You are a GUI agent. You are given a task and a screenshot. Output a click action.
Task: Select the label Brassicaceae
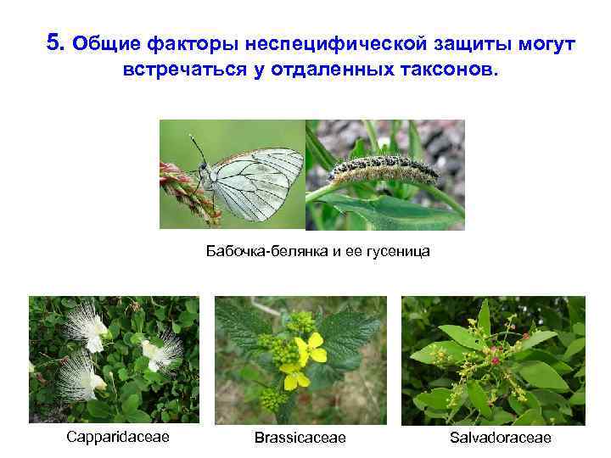pyautogui.click(x=300, y=438)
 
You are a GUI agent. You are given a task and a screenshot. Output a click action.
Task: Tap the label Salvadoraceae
pyautogui.click(x=501, y=438)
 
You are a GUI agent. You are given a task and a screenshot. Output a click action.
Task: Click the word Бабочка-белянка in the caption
pyautogui.click(x=259, y=251)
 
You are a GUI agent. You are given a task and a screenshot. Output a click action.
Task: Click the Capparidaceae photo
pyautogui.click(x=114, y=360)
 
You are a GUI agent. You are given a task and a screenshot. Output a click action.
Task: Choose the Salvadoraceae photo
pyautogui.click(x=493, y=360)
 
